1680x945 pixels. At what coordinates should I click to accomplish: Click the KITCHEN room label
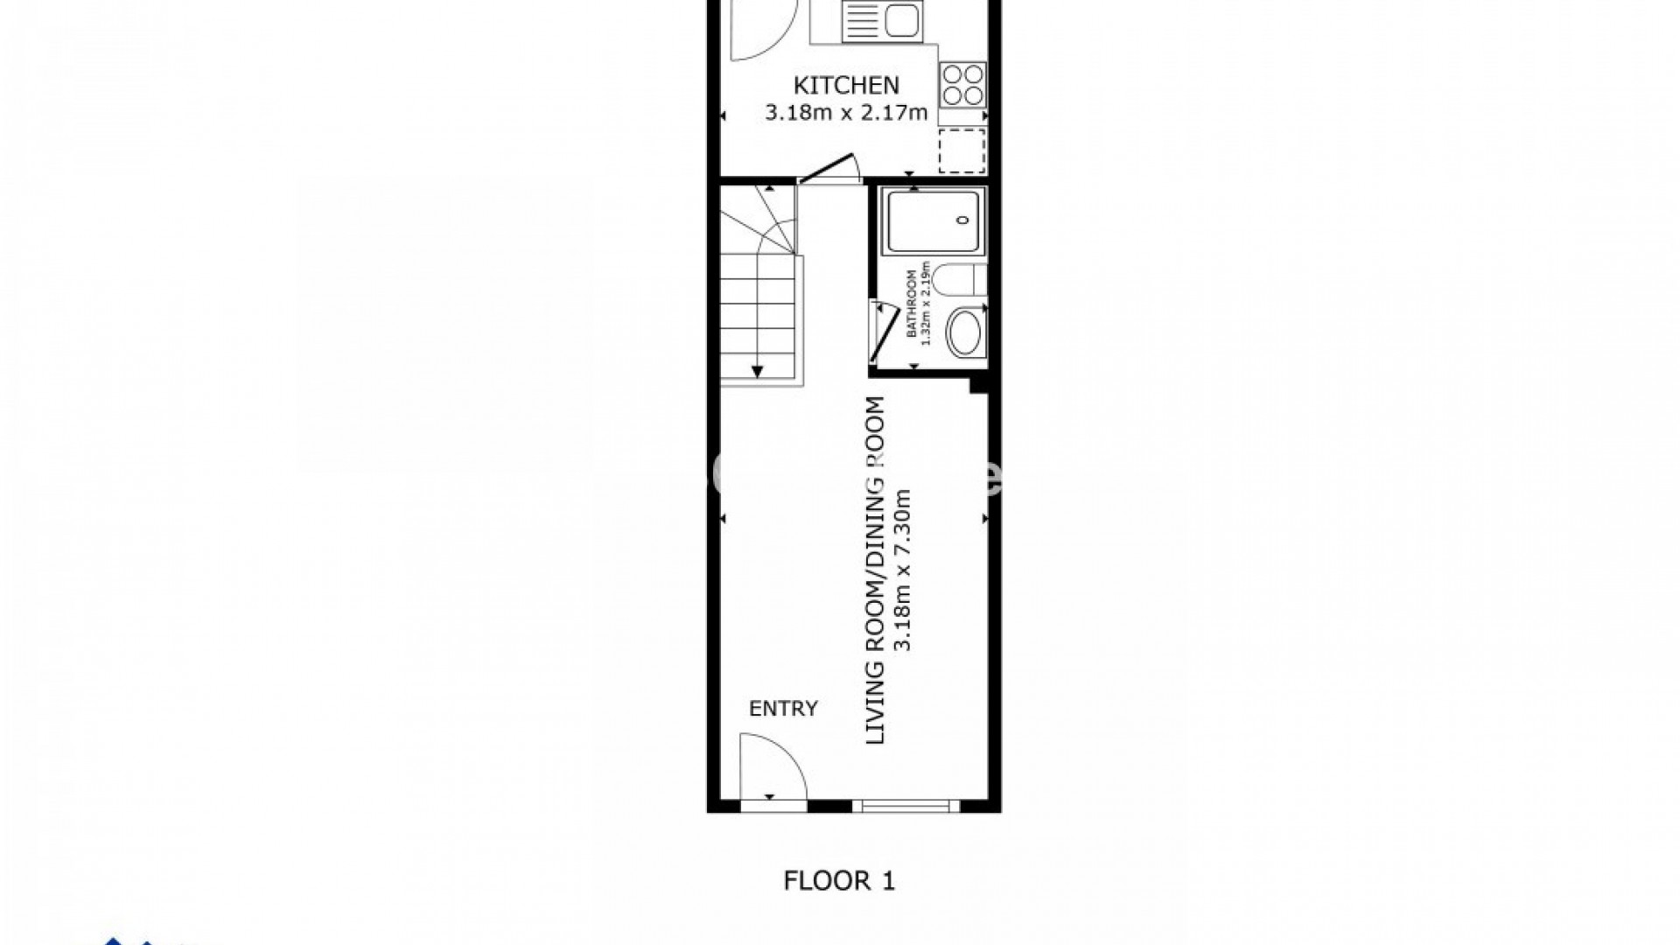pyautogui.click(x=845, y=85)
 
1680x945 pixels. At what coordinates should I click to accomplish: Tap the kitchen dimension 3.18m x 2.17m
pyautogui.click(x=845, y=113)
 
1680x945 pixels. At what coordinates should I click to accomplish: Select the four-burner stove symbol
pyautogui.click(x=962, y=85)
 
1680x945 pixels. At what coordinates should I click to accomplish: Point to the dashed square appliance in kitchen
pyautogui.click(x=962, y=150)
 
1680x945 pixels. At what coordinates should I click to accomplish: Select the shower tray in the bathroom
pyautogui.click(x=935, y=223)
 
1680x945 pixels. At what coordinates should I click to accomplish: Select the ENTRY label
pyautogui.click(x=783, y=709)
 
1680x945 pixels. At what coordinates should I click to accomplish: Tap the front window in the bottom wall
pyautogui.click(x=905, y=806)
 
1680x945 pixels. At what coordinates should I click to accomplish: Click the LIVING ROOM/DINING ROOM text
pyautogui.click(x=876, y=570)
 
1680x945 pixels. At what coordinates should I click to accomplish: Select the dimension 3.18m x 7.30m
pyautogui.click(x=905, y=570)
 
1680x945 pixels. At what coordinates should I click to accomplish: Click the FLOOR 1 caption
pyautogui.click(x=839, y=881)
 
